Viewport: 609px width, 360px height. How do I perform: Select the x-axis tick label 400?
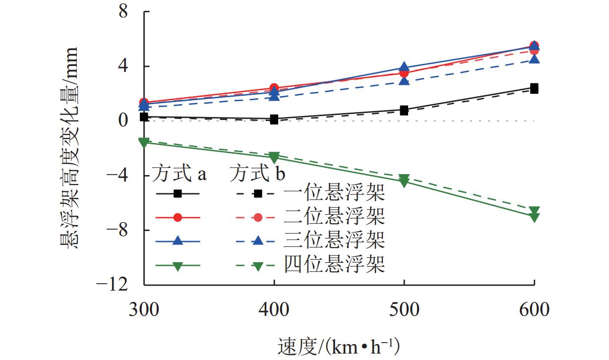[274, 311]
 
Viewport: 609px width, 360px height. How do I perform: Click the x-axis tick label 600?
[534, 311]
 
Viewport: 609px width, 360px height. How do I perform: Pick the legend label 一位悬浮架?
[335, 194]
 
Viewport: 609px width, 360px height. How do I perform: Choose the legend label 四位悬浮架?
[335, 264]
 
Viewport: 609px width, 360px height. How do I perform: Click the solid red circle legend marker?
[179, 217]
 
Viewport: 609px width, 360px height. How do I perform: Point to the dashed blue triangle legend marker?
[257, 241]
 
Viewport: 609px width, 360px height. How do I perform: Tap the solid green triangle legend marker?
[179, 265]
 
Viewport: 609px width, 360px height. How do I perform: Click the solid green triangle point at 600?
[534, 217]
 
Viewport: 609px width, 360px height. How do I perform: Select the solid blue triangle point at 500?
[404, 67]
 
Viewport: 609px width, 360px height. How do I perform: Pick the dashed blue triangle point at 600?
[534, 60]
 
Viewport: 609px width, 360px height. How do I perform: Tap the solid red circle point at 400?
[274, 88]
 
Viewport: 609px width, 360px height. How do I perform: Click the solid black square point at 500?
[404, 110]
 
